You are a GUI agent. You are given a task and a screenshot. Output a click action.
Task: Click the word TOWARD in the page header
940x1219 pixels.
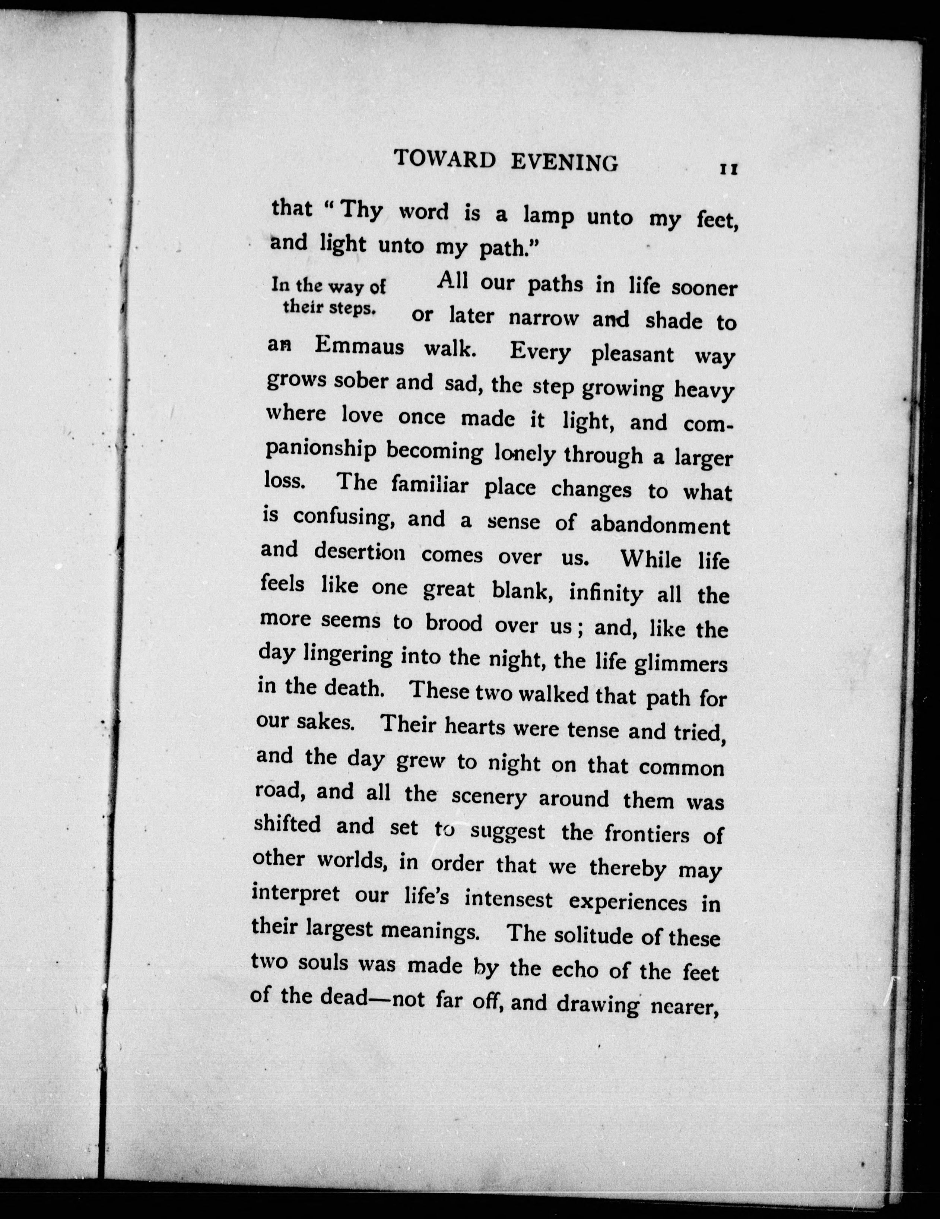click(445, 160)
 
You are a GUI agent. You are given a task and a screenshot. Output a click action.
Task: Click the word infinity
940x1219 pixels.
click(605, 594)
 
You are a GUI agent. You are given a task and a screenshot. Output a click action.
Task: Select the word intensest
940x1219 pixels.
click(509, 900)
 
